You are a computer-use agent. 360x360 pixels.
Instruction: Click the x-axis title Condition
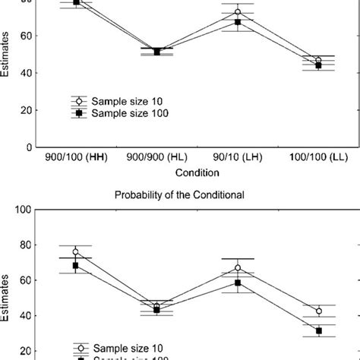tap(197, 172)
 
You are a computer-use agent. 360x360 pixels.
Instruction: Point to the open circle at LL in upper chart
tap(318, 60)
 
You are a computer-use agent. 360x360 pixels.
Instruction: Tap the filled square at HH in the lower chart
tap(76, 265)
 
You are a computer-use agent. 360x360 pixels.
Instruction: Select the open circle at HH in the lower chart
tap(76, 251)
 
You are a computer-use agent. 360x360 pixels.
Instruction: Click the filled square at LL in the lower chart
tap(318, 330)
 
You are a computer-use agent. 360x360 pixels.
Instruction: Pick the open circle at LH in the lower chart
tap(238, 267)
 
